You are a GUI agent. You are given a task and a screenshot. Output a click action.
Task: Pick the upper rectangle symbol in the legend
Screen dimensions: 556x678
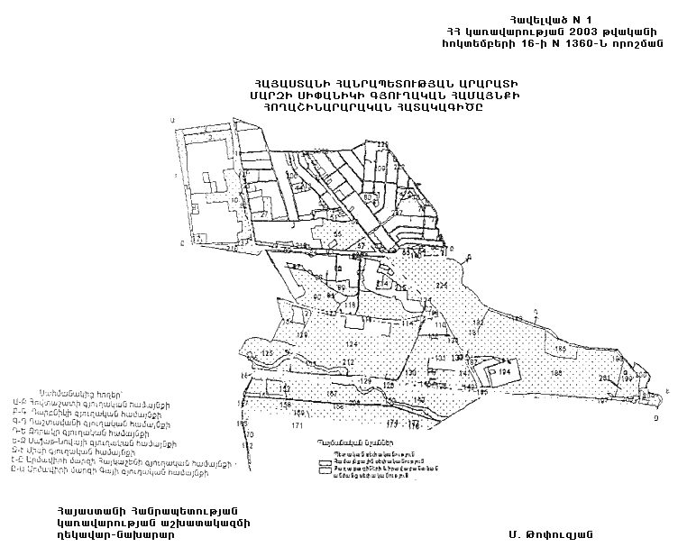(x=325, y=461)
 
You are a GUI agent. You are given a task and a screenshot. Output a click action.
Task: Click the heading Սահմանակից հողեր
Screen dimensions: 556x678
(x=68, y=395)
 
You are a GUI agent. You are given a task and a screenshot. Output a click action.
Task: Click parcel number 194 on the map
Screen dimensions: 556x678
(x=505, y=370)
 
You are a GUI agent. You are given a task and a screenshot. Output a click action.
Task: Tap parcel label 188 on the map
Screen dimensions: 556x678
(x=556, y=372)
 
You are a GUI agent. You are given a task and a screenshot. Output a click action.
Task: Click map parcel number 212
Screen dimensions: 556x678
(x=348, y=362)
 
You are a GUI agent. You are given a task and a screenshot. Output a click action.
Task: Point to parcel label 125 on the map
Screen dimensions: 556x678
(x=266, y=352)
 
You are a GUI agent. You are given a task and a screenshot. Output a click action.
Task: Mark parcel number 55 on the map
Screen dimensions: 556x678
(x=338, y=233)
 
